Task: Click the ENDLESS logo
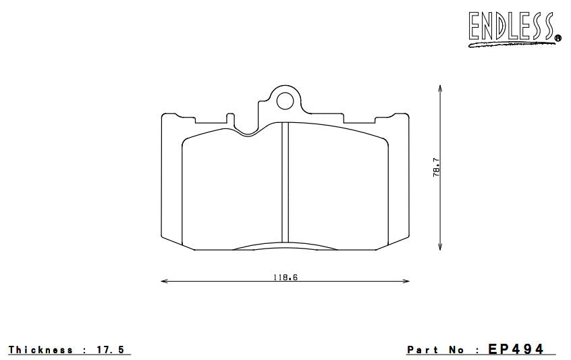click(511, 28)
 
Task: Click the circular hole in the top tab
click(285, 101)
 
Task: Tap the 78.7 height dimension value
click(437, 168)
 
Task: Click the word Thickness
click(40, 350)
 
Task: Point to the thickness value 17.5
click(111, 350)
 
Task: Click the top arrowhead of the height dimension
click(440, 88)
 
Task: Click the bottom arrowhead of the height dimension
click(440, 247)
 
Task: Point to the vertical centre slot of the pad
click(285, 182)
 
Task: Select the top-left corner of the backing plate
click(163, 114)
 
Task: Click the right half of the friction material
click(337, 189)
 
